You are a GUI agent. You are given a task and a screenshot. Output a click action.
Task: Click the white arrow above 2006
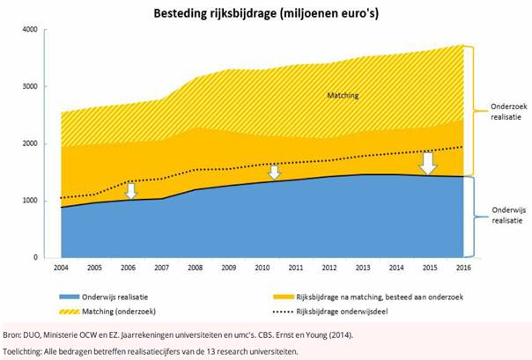pyautogui.click(x=130, y=189)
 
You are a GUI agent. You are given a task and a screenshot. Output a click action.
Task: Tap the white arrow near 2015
pyautogui.click(x=428, y=164)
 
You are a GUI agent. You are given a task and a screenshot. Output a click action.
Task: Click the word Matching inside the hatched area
pyautogui.click(x=342, y=95)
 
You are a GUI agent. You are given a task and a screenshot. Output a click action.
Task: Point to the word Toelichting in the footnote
pyautogui.click(x=26, y=351)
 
